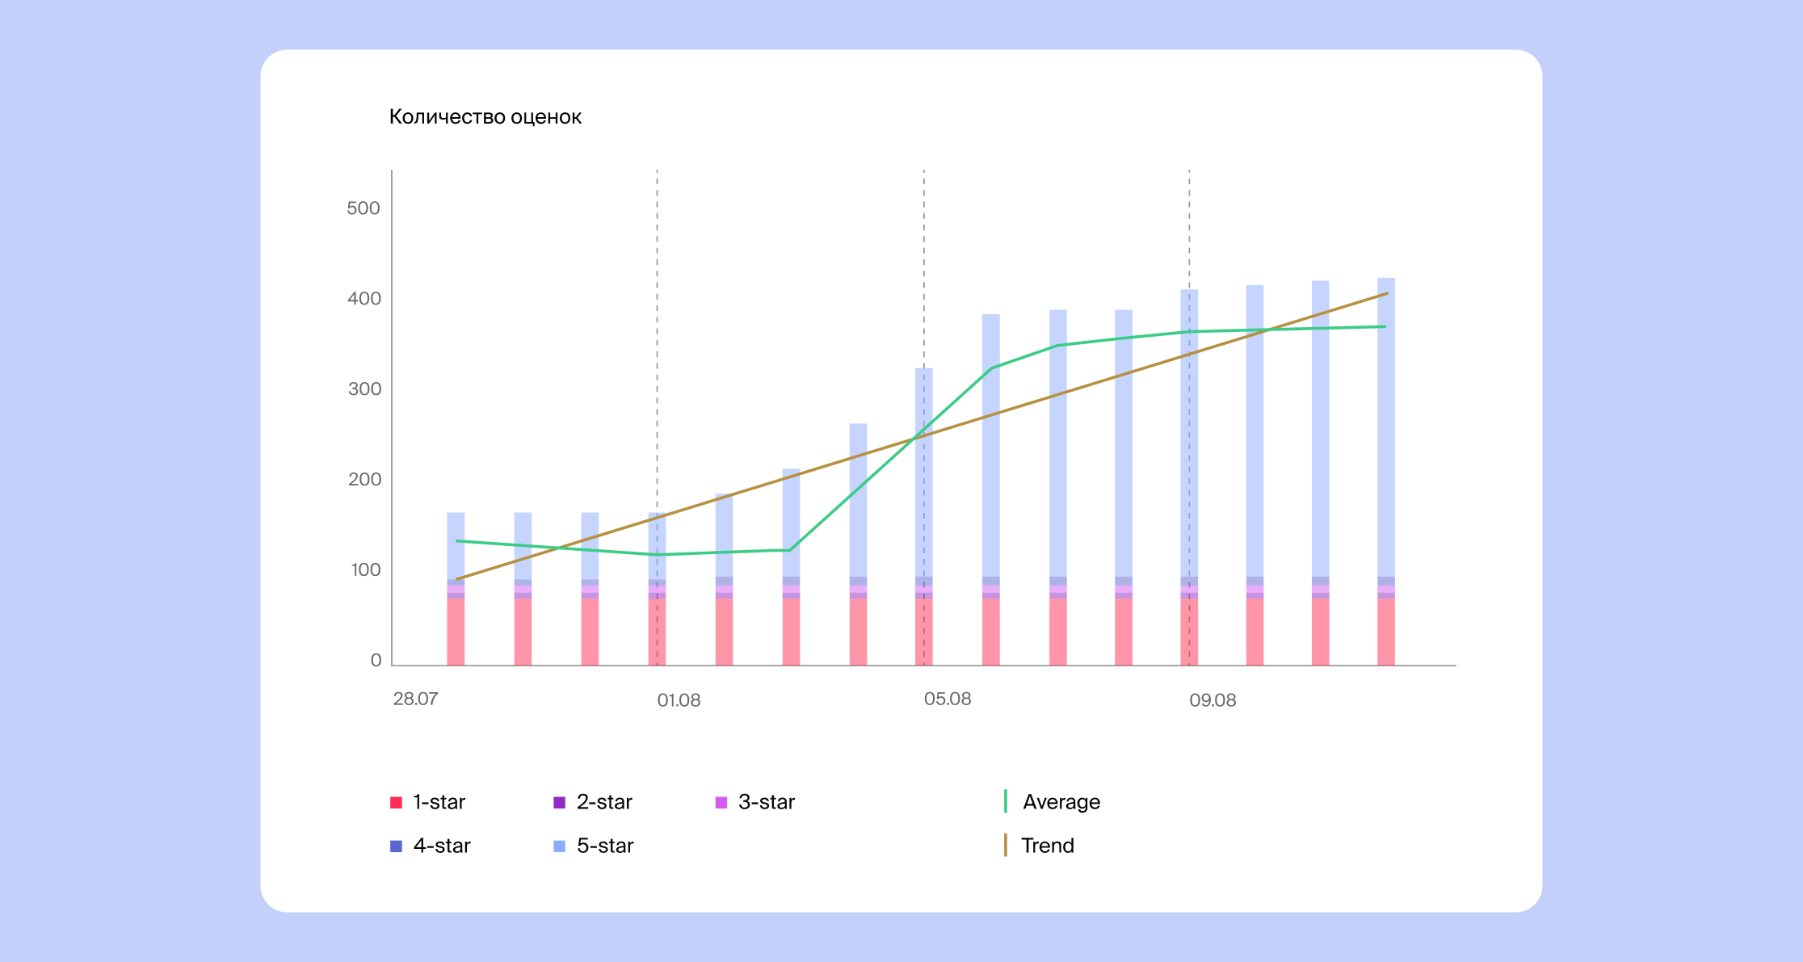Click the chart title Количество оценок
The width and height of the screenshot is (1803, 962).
click(485, 117)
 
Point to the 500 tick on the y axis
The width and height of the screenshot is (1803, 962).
click(363, 208)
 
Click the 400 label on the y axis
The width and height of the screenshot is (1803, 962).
click(364, 299)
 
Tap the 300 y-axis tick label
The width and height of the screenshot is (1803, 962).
click(364, 389)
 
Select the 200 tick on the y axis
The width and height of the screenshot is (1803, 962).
click(364, 480)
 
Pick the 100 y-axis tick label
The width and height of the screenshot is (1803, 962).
click(365, 570)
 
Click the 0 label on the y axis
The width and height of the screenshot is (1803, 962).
click(376, 661)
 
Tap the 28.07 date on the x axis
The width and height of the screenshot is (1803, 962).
click(415, 699)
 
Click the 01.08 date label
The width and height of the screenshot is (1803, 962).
click(679, 700)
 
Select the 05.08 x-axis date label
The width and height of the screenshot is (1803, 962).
click(948, 699)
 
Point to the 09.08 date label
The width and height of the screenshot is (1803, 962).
click(1213, 700)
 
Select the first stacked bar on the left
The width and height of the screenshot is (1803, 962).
click(456, 589)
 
